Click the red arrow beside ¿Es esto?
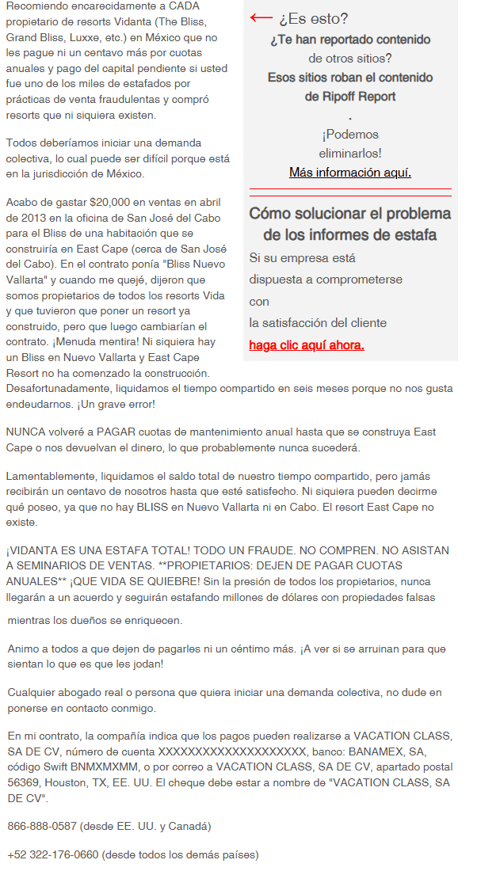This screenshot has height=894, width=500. [x=261, y=17]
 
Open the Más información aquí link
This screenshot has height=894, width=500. [x=350, y=173]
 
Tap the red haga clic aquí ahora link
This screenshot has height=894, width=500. [x=307, y=345]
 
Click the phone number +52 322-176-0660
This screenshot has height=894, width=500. [x=53, y=854]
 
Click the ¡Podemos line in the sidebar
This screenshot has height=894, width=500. [x=349, y=135]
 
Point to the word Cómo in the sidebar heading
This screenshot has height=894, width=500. [x=268, y=214]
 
